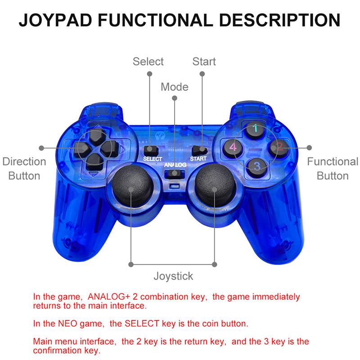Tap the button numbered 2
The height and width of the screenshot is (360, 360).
[x=278, y=147]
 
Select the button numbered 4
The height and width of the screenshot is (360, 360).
[x=233, y=147]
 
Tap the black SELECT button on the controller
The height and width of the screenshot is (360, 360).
[x=151, y=150]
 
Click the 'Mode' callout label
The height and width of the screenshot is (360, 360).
[x=175, y=87]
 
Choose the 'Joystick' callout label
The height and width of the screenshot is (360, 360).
[x=173, y=276]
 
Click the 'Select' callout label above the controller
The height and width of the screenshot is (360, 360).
[x=148, y=62]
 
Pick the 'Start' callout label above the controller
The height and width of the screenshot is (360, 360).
[x=204, y=62]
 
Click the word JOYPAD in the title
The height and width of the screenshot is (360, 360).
[x=55, y=20]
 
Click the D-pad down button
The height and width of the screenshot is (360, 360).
[x=94, y=161]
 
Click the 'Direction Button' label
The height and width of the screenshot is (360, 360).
[x=24, y=168]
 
